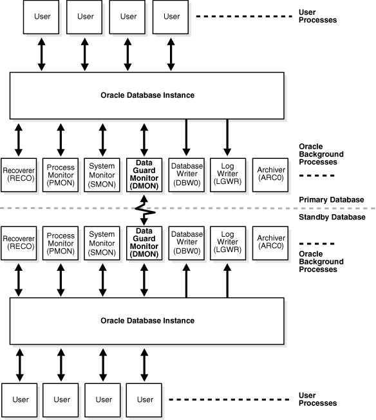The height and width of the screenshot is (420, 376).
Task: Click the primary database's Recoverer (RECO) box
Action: pos(19,174)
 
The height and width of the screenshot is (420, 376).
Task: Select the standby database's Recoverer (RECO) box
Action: pos(19,242)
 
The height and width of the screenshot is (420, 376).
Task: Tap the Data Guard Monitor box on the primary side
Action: pos(144,174)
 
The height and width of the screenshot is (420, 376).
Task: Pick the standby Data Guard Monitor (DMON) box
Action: pos(144,242)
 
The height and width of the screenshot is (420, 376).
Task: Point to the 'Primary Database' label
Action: pos(332,200)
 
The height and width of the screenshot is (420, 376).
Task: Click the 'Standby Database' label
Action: pos(332,217)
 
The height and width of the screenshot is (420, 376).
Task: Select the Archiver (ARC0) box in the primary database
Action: pos(270,174)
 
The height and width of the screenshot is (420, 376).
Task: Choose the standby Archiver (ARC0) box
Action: pos(270,242)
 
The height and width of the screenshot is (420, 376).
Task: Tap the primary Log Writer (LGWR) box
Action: pos(227,174)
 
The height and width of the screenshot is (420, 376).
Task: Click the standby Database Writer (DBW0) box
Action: pos(186,242)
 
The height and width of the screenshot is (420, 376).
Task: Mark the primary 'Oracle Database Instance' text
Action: pos(147,95)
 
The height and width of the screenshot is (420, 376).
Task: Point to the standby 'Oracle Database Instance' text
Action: pos(147,320)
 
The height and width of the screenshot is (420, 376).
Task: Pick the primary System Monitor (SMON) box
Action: pos(102,174)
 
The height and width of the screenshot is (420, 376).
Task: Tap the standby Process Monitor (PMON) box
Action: pos(61,242)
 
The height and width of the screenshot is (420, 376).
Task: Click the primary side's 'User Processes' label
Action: pos(317,16)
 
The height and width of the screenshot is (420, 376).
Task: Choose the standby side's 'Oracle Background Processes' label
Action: pos(323,262)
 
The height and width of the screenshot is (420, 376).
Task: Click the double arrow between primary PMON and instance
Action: pos(61,137)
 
